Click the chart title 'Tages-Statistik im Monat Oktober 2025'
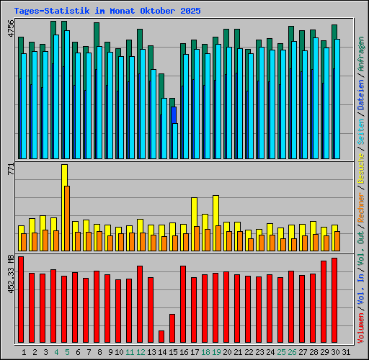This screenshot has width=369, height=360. tap(107, 12)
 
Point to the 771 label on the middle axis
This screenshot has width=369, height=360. tap(10, 170)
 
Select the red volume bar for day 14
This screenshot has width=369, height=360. tap(161, 336)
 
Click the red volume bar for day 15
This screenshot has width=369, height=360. tap(172, 328)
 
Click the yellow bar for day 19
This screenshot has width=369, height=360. tap(215, 210)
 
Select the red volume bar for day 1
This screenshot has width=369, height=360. tap(21, 299)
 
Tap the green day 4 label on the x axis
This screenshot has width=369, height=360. tap(56, 351)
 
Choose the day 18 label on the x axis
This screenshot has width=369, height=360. tap(205, 351)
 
